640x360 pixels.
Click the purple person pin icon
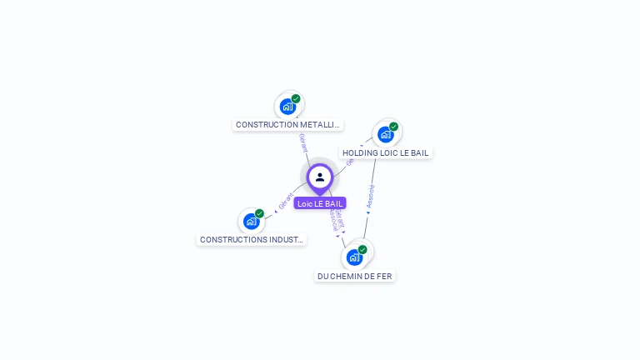click(x=320, y=177)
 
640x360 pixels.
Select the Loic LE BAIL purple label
click(x=320, y=203)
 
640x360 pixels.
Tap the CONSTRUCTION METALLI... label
click(x=287, y=125)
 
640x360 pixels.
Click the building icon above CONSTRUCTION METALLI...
click(x=287, y=107)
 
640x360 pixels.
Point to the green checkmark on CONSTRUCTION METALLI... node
click(x=296, y=98)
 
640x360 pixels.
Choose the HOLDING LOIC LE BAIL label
click(x=386, y=153)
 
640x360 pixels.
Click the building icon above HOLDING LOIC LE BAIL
click(x=385, y=134)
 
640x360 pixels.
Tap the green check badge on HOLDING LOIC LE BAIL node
click(x=393, y=127)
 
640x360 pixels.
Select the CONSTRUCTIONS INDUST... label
click(x=252, y=239)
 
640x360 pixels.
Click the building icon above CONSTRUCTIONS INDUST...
click(x=251, y=222)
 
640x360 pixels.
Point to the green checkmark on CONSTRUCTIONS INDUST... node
click(x=259, y=213)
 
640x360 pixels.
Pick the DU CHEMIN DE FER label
click(x=355, y=276)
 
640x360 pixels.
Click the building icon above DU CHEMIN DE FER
click(x=354, y=257)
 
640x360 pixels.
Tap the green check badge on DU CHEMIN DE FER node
click(x=362, y=249)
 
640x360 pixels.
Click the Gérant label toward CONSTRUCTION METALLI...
click(x=303, y=142)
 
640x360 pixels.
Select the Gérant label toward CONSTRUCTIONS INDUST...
click(x=286, y=201)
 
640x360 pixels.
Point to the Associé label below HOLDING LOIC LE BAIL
click(x=371, y=196)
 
